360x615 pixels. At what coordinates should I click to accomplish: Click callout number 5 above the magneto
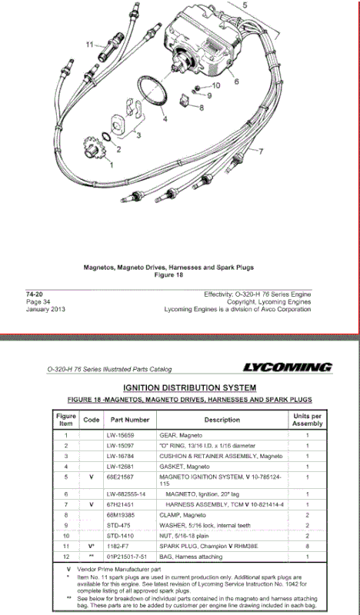pos(245,5)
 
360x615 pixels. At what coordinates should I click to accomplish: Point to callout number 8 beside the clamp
pos(202,108)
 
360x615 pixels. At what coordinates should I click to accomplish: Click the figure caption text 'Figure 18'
pos(168,274)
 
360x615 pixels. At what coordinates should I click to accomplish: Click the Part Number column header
pos(129,420)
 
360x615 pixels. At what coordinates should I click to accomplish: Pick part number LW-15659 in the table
pos(129,435)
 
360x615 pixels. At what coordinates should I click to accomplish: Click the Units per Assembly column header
pos(307,420)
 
